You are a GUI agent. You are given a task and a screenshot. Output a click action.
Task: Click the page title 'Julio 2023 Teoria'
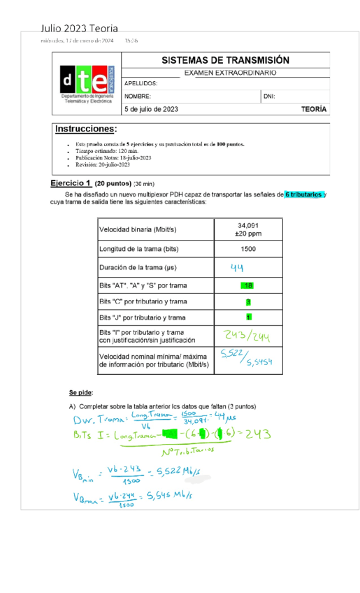point(79,29)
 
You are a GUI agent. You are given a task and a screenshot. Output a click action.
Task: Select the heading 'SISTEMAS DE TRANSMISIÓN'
point(225,61)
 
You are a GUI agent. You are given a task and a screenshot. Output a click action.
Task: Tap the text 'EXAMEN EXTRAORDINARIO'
point(229,73)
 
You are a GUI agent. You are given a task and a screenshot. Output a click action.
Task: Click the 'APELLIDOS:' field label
point(141,83)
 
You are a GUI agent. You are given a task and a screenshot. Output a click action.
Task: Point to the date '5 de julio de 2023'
point(151,109)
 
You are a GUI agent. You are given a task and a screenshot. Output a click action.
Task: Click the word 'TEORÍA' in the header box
point(313,109)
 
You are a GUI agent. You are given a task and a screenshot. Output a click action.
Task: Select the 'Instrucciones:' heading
point(86,129)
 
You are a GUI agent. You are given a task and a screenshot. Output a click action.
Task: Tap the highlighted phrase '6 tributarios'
point(303,194)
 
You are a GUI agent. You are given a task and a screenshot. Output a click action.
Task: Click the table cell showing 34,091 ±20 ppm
point(247,229)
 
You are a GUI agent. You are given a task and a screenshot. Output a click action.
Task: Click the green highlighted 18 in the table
point(248,285)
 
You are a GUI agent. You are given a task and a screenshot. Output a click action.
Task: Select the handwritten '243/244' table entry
point(248,336)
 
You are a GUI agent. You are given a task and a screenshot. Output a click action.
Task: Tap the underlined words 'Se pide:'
point(78,392)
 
